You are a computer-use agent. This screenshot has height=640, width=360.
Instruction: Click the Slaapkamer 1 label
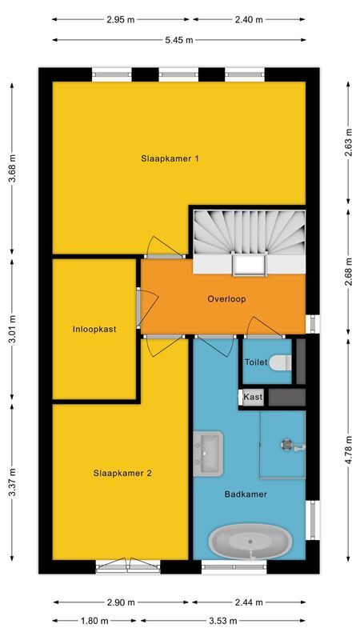(x=170, y=158)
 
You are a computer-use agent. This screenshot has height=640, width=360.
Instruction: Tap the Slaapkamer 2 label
(x=122, y=473)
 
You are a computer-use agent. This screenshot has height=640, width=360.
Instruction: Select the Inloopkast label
(x=94, y=329)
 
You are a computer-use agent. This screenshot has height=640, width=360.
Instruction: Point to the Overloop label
(x=226, y=299)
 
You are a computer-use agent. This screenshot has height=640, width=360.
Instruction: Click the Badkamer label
(x=245, y=494)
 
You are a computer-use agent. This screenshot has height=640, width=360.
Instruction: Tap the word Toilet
(x=255, y=362)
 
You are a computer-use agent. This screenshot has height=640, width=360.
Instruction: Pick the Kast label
(x=252, y=397)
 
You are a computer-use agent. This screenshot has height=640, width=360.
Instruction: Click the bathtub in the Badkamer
(x=248, y=543)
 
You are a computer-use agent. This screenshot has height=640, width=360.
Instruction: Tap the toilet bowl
(x=280, y=362)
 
